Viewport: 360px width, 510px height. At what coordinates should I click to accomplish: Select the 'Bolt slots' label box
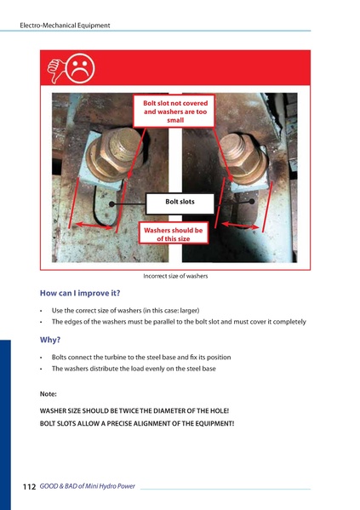[x=180, y=202]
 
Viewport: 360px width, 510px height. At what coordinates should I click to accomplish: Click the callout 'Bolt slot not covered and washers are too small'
[x=175, y=112]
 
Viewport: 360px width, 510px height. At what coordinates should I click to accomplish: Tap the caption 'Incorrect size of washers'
[x=175, y=276]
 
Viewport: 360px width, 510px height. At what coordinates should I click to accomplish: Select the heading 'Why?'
[x=50, y=339]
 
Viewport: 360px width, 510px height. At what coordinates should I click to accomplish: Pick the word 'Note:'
[x=49, y=394]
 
